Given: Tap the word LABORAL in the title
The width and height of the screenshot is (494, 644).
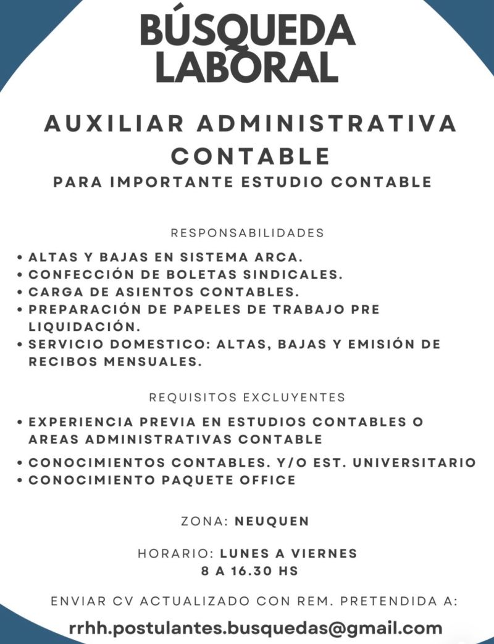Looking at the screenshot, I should [247, 67].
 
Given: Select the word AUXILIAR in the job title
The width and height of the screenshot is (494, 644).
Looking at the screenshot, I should [114, 123].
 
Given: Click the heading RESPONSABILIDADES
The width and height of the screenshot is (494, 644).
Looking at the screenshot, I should [247, 233].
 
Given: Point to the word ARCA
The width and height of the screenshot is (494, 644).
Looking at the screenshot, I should [277, 256].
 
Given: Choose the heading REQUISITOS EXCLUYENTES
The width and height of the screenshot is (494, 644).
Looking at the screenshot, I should [247, 396].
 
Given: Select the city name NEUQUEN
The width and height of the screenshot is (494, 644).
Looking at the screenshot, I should [272, 521].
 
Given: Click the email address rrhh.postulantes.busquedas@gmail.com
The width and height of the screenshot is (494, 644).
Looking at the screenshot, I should [256, 629].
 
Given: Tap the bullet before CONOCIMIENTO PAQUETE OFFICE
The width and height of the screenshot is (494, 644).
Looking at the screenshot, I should [20, 480].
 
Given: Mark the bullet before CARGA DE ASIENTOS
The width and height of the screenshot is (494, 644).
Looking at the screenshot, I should [20, 291].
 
